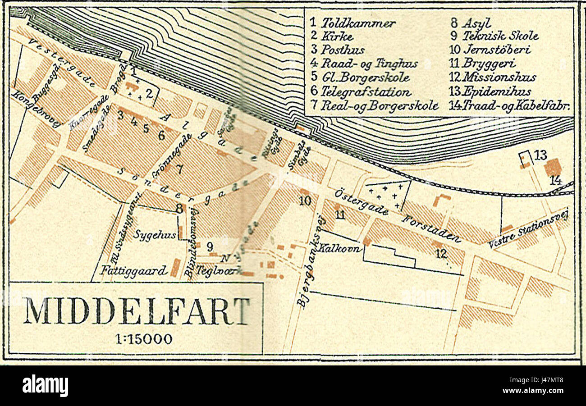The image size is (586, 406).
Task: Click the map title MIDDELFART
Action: pyautogui.click(x=136, y=311)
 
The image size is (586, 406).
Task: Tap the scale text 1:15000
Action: pyautogui.click(x=136, y=339)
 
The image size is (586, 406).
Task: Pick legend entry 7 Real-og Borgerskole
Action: pyautogui.click(x=374, y=106)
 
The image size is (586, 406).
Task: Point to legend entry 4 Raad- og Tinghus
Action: pyautogui.click(x=364, y=64)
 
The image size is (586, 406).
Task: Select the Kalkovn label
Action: pyautogui.click(x=340, y=248)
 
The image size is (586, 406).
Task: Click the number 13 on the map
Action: pyautogui.click(x=540, y=155)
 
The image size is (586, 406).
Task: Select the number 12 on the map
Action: pyautogui.click(x=441, y=254)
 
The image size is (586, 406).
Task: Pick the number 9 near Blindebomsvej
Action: pyautogui.click(x=210, y=246)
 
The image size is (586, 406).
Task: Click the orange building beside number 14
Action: pyautogui.click(x=552, y=168)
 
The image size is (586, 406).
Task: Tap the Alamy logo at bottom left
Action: pyautogui.click(x=46, y=386)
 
